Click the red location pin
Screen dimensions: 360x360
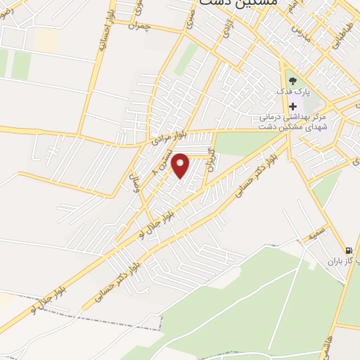[181, 165]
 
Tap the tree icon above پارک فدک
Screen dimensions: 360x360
[291, 81]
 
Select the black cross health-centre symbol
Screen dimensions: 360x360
[292, 106]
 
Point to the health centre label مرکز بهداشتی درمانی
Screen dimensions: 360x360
[281, 117]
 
